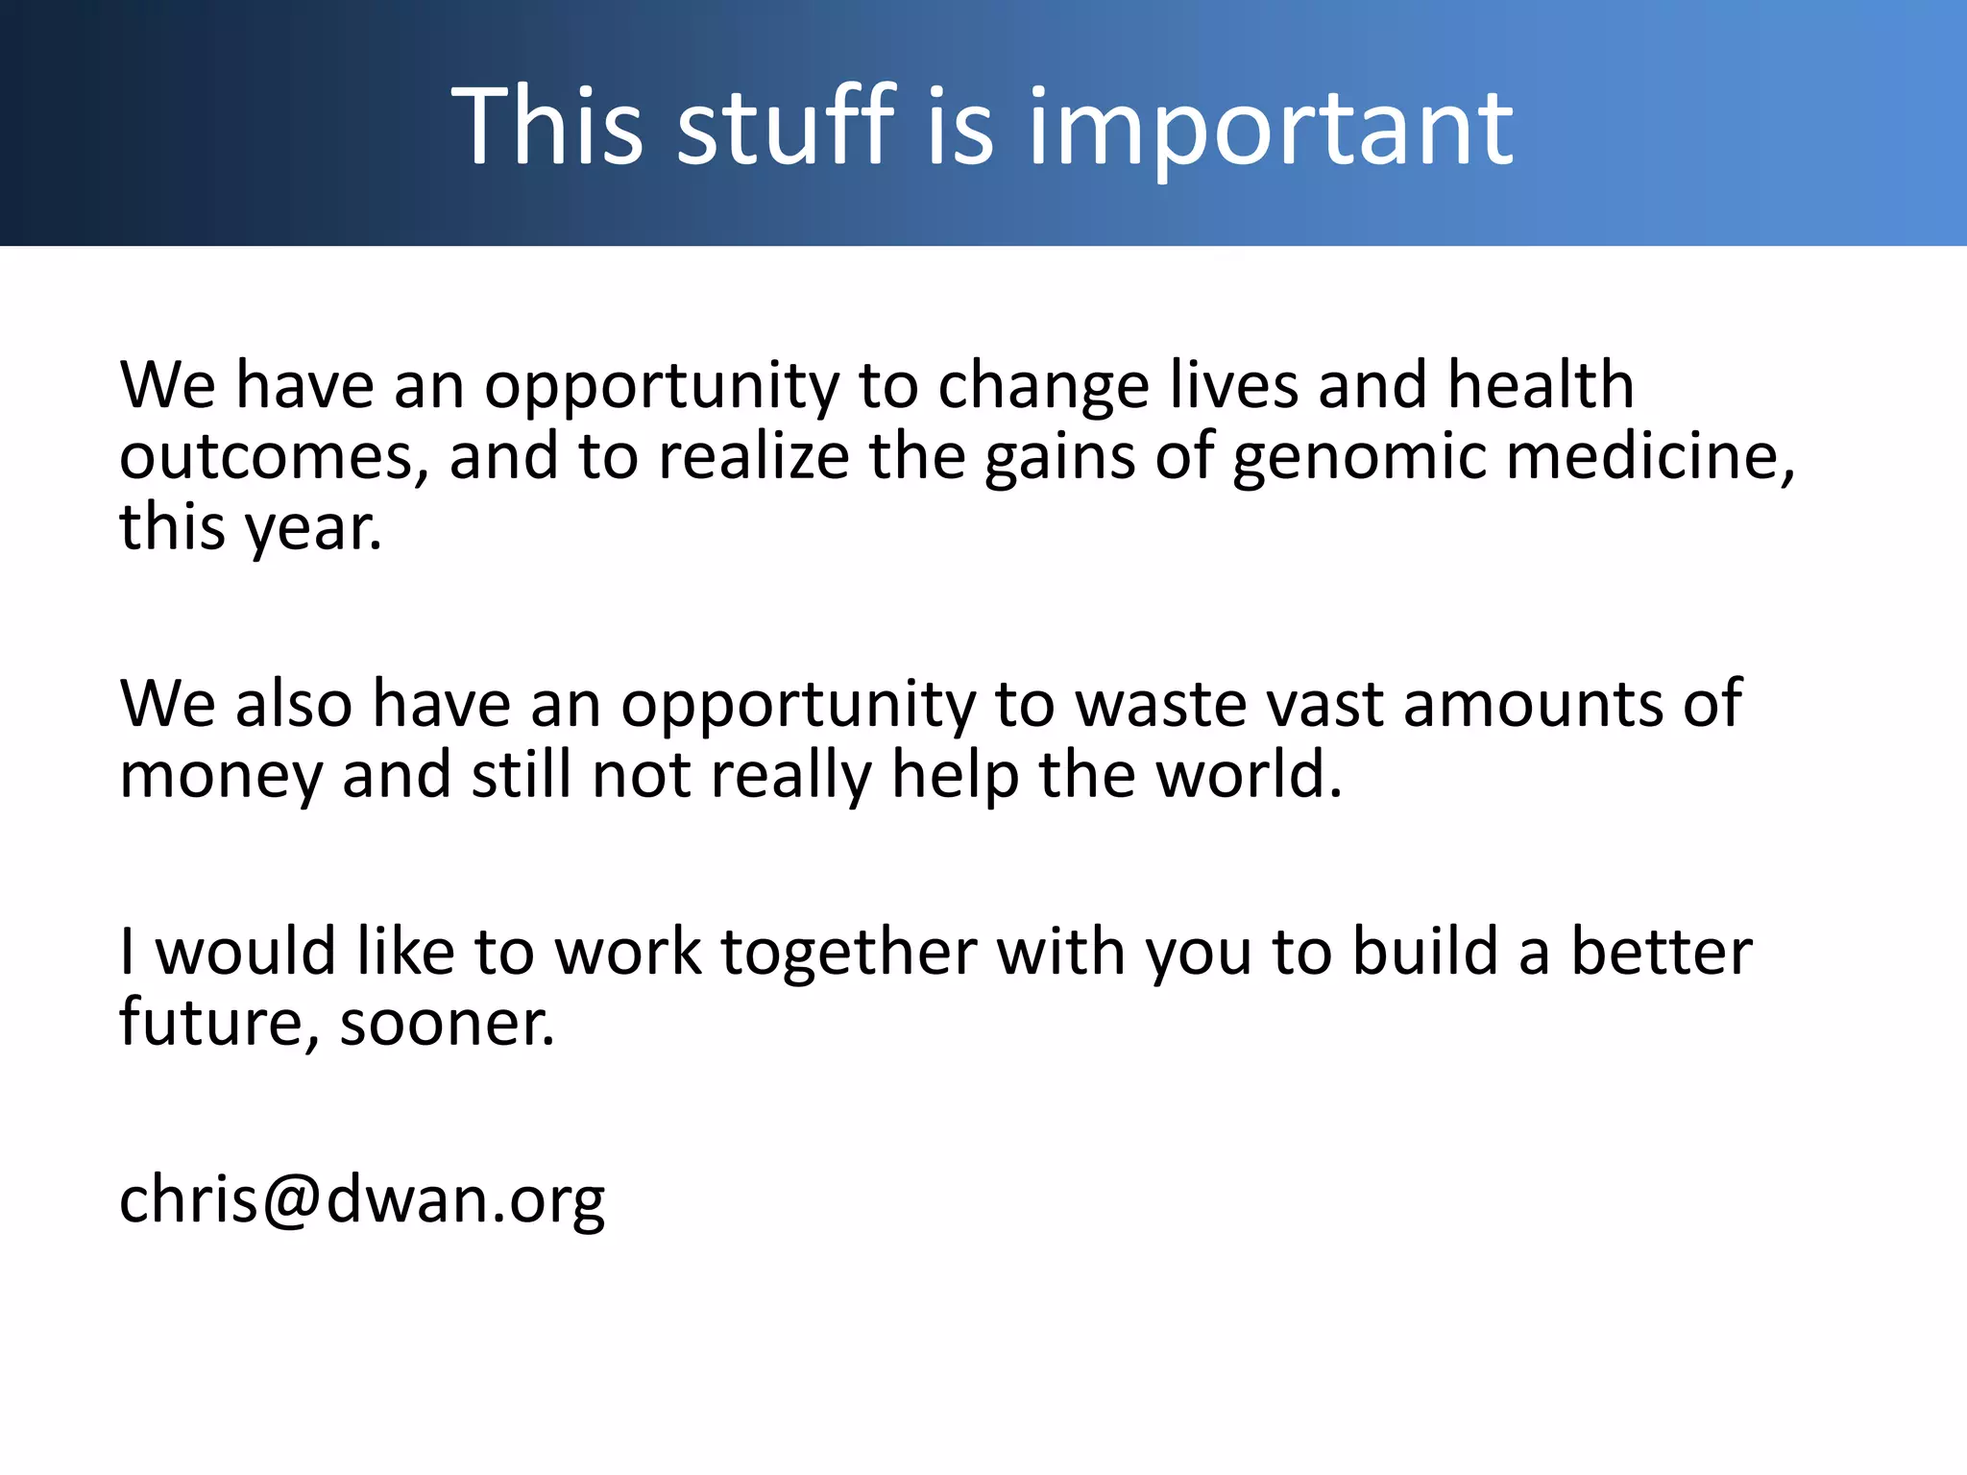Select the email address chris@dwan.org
pos(362,1199)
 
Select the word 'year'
pos(312,528)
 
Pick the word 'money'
pos(221,776)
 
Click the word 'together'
pos(849,953)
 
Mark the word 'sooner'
pos(447,1024)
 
